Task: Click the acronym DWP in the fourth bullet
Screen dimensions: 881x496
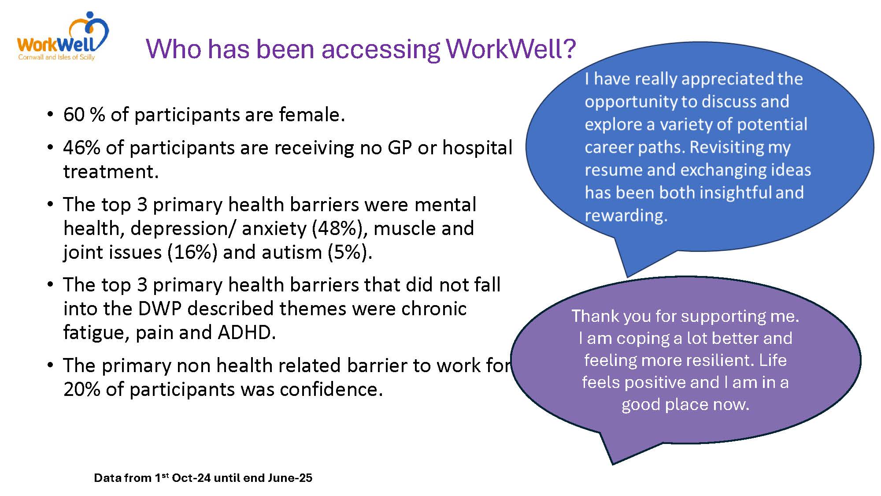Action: click(x=160, y=309)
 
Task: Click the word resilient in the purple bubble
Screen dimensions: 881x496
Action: click(x=713, y=360)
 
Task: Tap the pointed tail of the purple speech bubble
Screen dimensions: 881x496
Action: click(x=613, y=464)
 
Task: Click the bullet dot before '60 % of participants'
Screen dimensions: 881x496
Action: click(x=50, y=115)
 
